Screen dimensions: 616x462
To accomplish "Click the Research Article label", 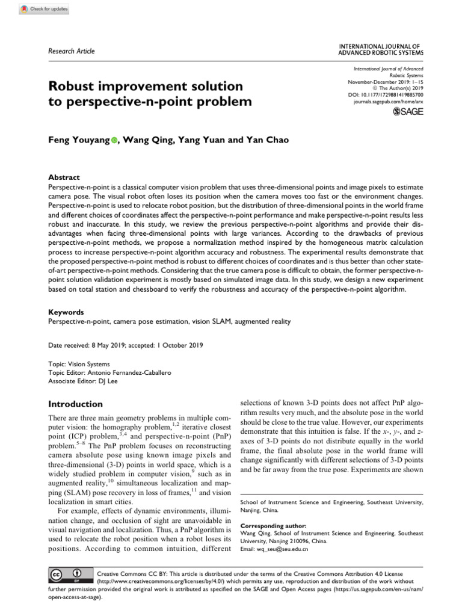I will click(x=71, y=51).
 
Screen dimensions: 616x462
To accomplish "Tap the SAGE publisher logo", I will click(x=408, y=112).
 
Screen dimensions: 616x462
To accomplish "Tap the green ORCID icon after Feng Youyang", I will click(x=114, y=141).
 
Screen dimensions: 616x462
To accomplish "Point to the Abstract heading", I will click(x=64, y=177).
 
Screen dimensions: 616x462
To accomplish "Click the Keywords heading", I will click(x=66, y=313).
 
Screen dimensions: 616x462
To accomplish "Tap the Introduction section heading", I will click(x=75, y=404).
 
